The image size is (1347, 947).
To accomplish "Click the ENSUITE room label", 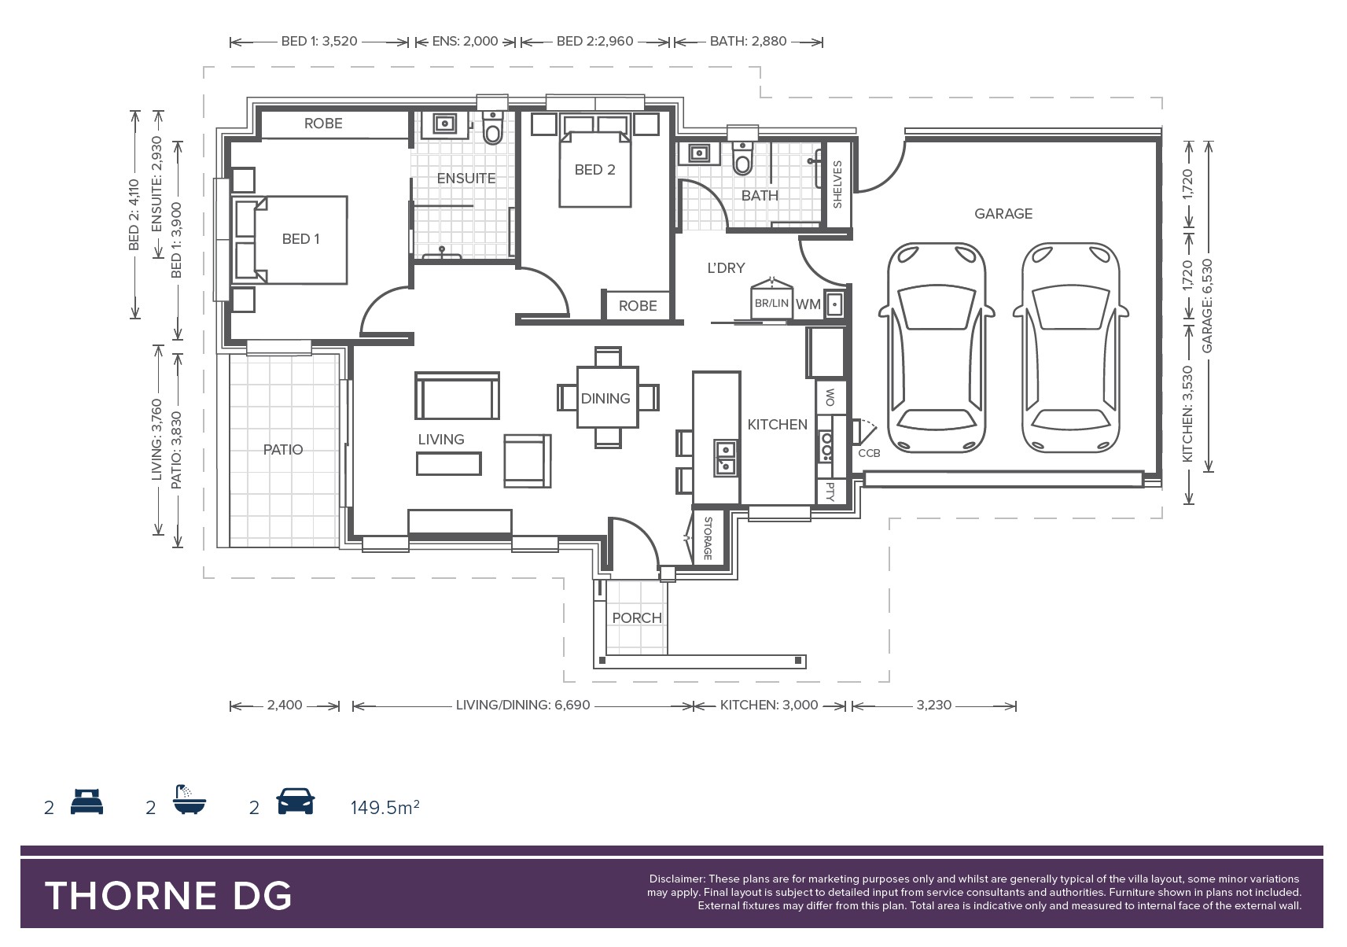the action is pos(466,178).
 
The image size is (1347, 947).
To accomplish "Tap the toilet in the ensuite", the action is pos(493,128).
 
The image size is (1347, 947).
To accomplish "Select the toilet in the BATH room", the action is pos(743,158).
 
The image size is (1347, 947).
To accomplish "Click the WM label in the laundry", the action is pos(808,304).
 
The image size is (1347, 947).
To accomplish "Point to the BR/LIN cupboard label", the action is pos(771,304).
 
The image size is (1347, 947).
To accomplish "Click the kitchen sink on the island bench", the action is pos(726,458).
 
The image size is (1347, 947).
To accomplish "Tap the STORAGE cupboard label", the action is pos(708,538).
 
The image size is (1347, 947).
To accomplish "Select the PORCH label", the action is pos(637,618).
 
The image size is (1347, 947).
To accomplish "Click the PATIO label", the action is pos(283,449).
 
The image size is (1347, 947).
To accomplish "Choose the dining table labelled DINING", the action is pos(607,397).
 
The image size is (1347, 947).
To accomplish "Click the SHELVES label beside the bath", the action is pos(837,184).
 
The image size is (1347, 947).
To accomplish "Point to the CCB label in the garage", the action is pos(869,453).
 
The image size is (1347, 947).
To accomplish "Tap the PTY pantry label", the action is pos(830,492).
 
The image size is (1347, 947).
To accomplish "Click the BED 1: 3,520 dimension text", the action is pos(319,42).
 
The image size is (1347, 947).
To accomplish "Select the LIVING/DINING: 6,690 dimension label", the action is pos(523,705).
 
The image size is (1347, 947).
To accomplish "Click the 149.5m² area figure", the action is pos(385,807).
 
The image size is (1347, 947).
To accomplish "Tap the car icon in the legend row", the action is pos(295,801).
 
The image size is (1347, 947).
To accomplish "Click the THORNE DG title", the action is pos(168,896).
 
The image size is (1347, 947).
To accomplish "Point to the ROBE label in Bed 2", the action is pos(638,306).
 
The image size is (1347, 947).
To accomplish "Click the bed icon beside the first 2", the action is pos(86,801).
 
